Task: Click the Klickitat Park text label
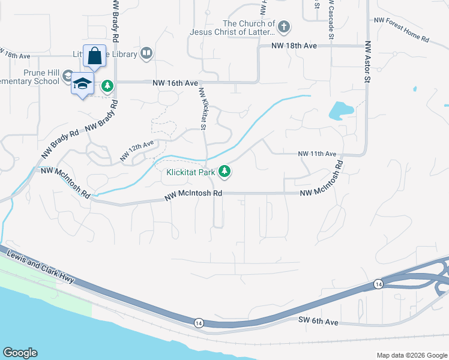[x=190, y=173]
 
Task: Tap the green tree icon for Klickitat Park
[x=225, y=172]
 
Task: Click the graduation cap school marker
[x=82, y=84]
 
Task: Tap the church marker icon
[x=284, y=26]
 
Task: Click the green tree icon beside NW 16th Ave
[x=107, y=86]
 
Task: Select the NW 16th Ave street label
[x=175, y=83]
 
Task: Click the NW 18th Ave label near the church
[x=294, y=46]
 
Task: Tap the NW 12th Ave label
[x=137, y=150]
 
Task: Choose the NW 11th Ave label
[x=318, y=154]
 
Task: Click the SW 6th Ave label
[x=319, y=322]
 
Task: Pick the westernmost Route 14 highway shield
[x=198, y=323]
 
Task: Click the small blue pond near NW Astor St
[x=340, y=110]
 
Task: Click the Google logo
[x=20, y=353]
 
